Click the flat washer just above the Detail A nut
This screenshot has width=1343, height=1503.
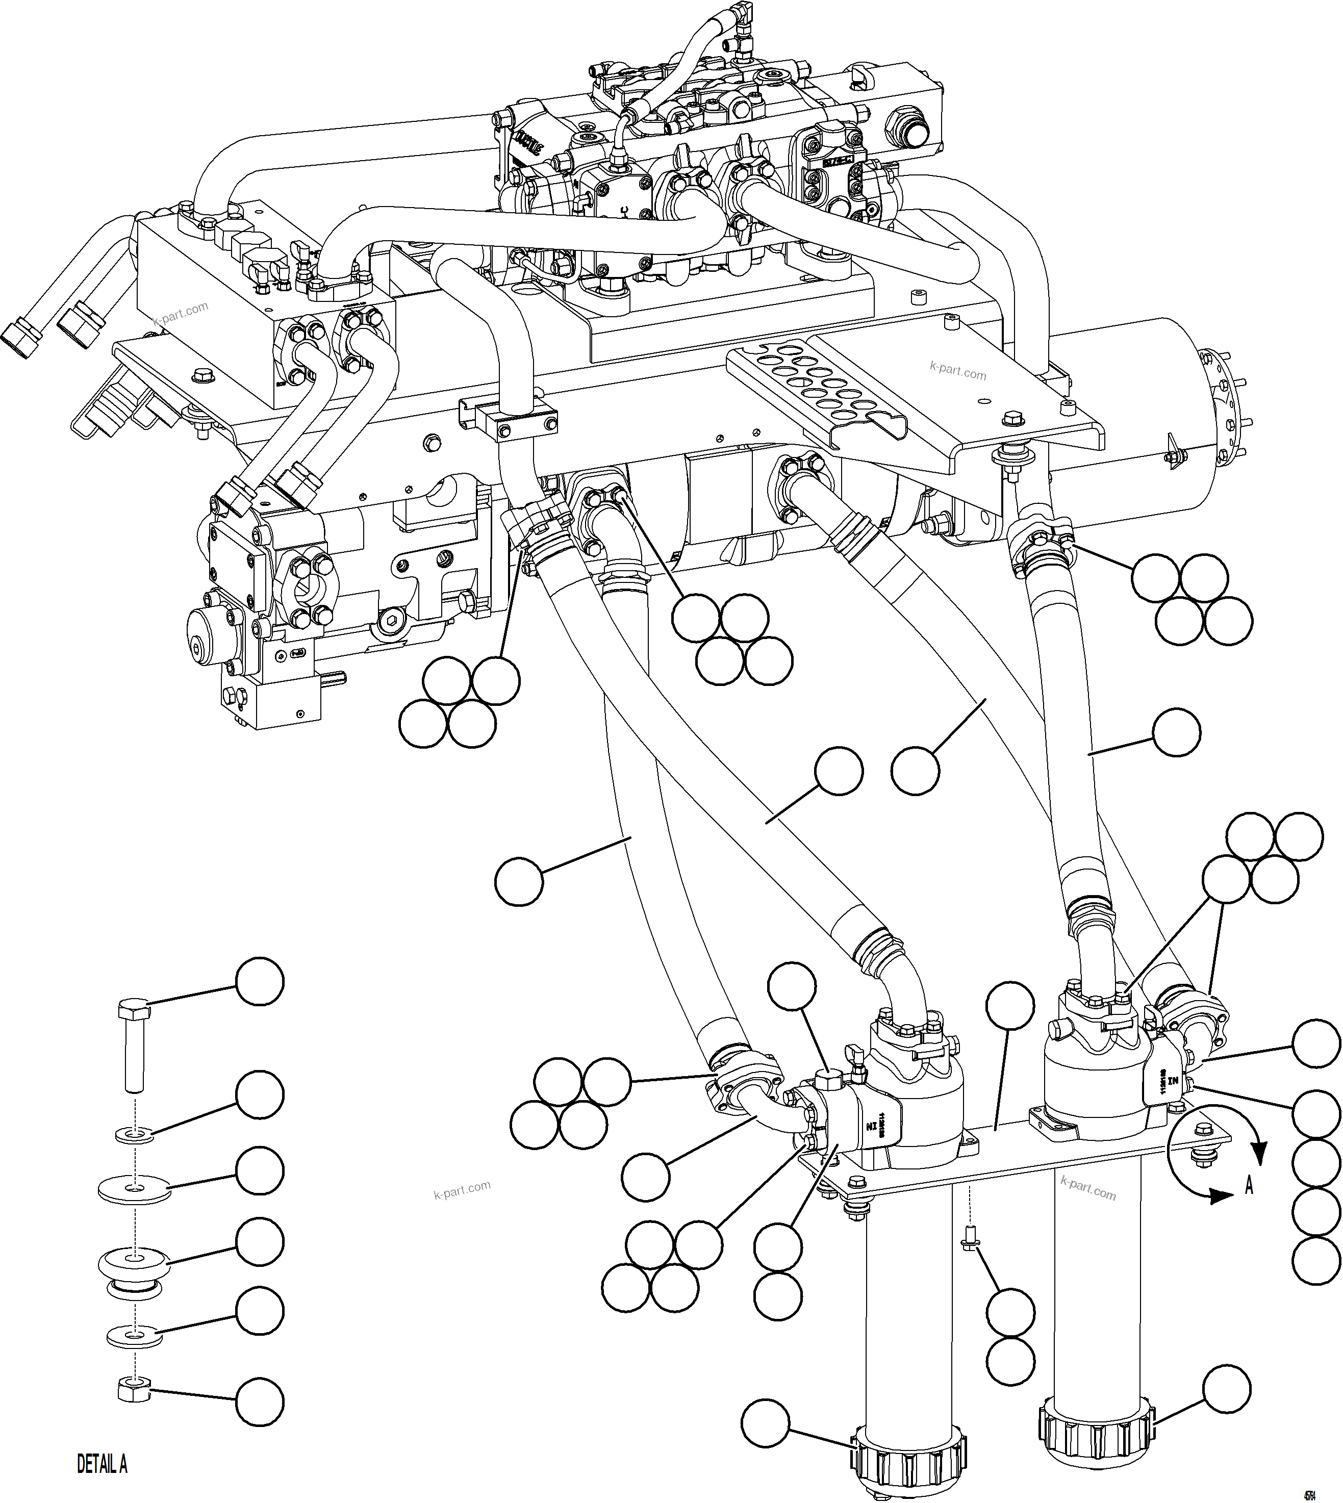click(134, 1334)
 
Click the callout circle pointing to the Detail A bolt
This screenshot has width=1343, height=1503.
click(259, 981)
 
